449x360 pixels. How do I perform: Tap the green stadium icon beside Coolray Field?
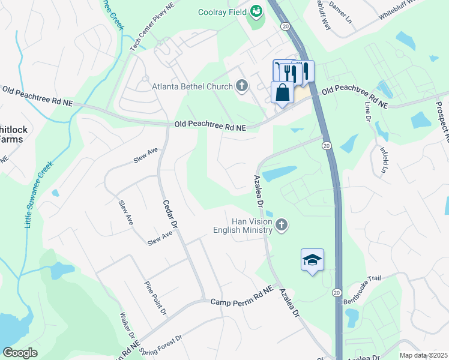(x=256, y=11)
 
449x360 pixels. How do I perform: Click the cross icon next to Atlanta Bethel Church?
(x=241, y=86)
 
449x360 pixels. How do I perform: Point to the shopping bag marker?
(x=282, y=94)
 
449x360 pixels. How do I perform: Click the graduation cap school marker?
(x=312, y=260)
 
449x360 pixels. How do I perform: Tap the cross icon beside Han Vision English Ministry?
(x=282, y=226)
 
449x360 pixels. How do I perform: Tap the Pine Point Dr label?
(x=154, y=298)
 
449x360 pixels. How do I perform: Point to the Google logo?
(x=20, y=353)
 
